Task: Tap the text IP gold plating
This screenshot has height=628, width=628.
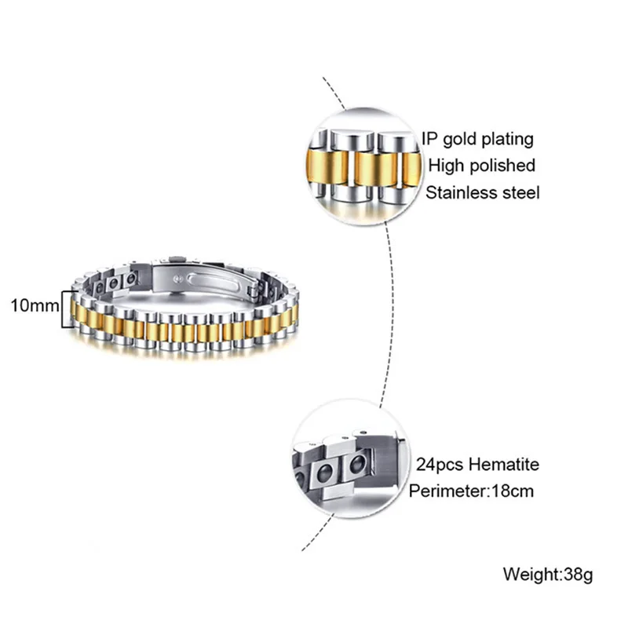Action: click(477, 140)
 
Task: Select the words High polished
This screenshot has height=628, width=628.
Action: click(481, 166)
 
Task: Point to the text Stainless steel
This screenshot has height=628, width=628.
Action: click(483, 192)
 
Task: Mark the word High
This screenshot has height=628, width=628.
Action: click(444, 166)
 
